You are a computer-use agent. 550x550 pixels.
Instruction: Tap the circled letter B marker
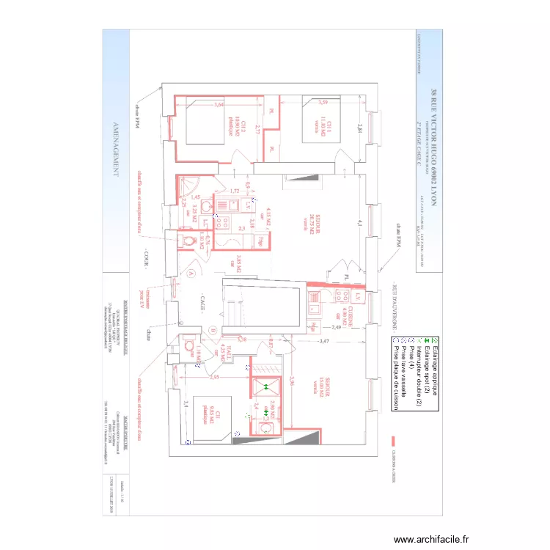[x=212, y=330]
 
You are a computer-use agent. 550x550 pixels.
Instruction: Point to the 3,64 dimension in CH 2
[x=218, y=105]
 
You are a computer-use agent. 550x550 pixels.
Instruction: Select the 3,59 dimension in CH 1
[x=323, y=102]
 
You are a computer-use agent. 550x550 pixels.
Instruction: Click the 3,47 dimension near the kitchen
[x=324, y=342]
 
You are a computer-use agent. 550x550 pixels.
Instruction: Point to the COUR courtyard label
[x=146, y=259]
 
